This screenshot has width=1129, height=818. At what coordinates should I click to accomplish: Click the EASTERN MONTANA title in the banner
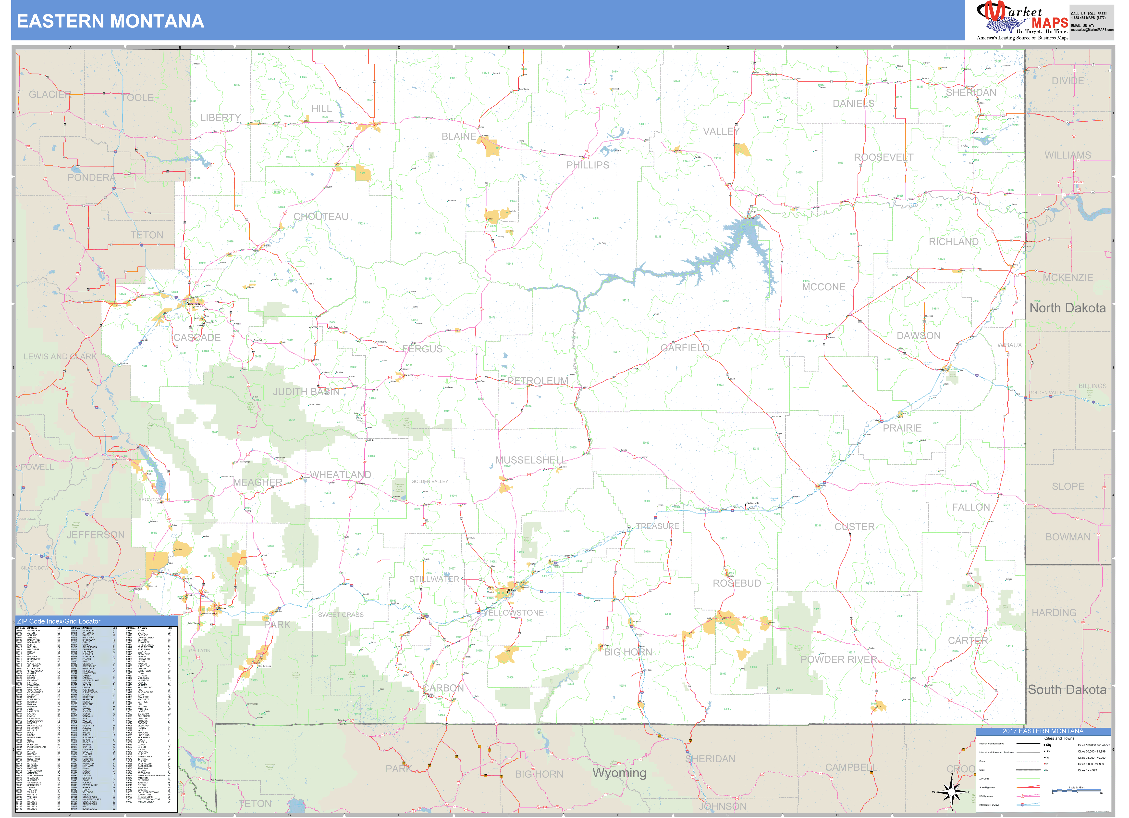click(x=110, y=21)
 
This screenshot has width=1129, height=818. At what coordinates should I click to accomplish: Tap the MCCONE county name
click(x=823, y=287)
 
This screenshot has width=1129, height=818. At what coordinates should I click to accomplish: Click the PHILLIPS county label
click(x=587, y=165)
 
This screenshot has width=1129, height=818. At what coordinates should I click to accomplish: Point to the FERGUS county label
click(x=422, y=349)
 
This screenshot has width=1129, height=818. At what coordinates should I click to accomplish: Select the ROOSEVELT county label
click(x=884, y=157)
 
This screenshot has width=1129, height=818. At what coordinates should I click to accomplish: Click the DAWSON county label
click(x=919, y=335)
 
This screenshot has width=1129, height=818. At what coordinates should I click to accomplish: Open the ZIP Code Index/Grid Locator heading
click(x=59, y=621)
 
